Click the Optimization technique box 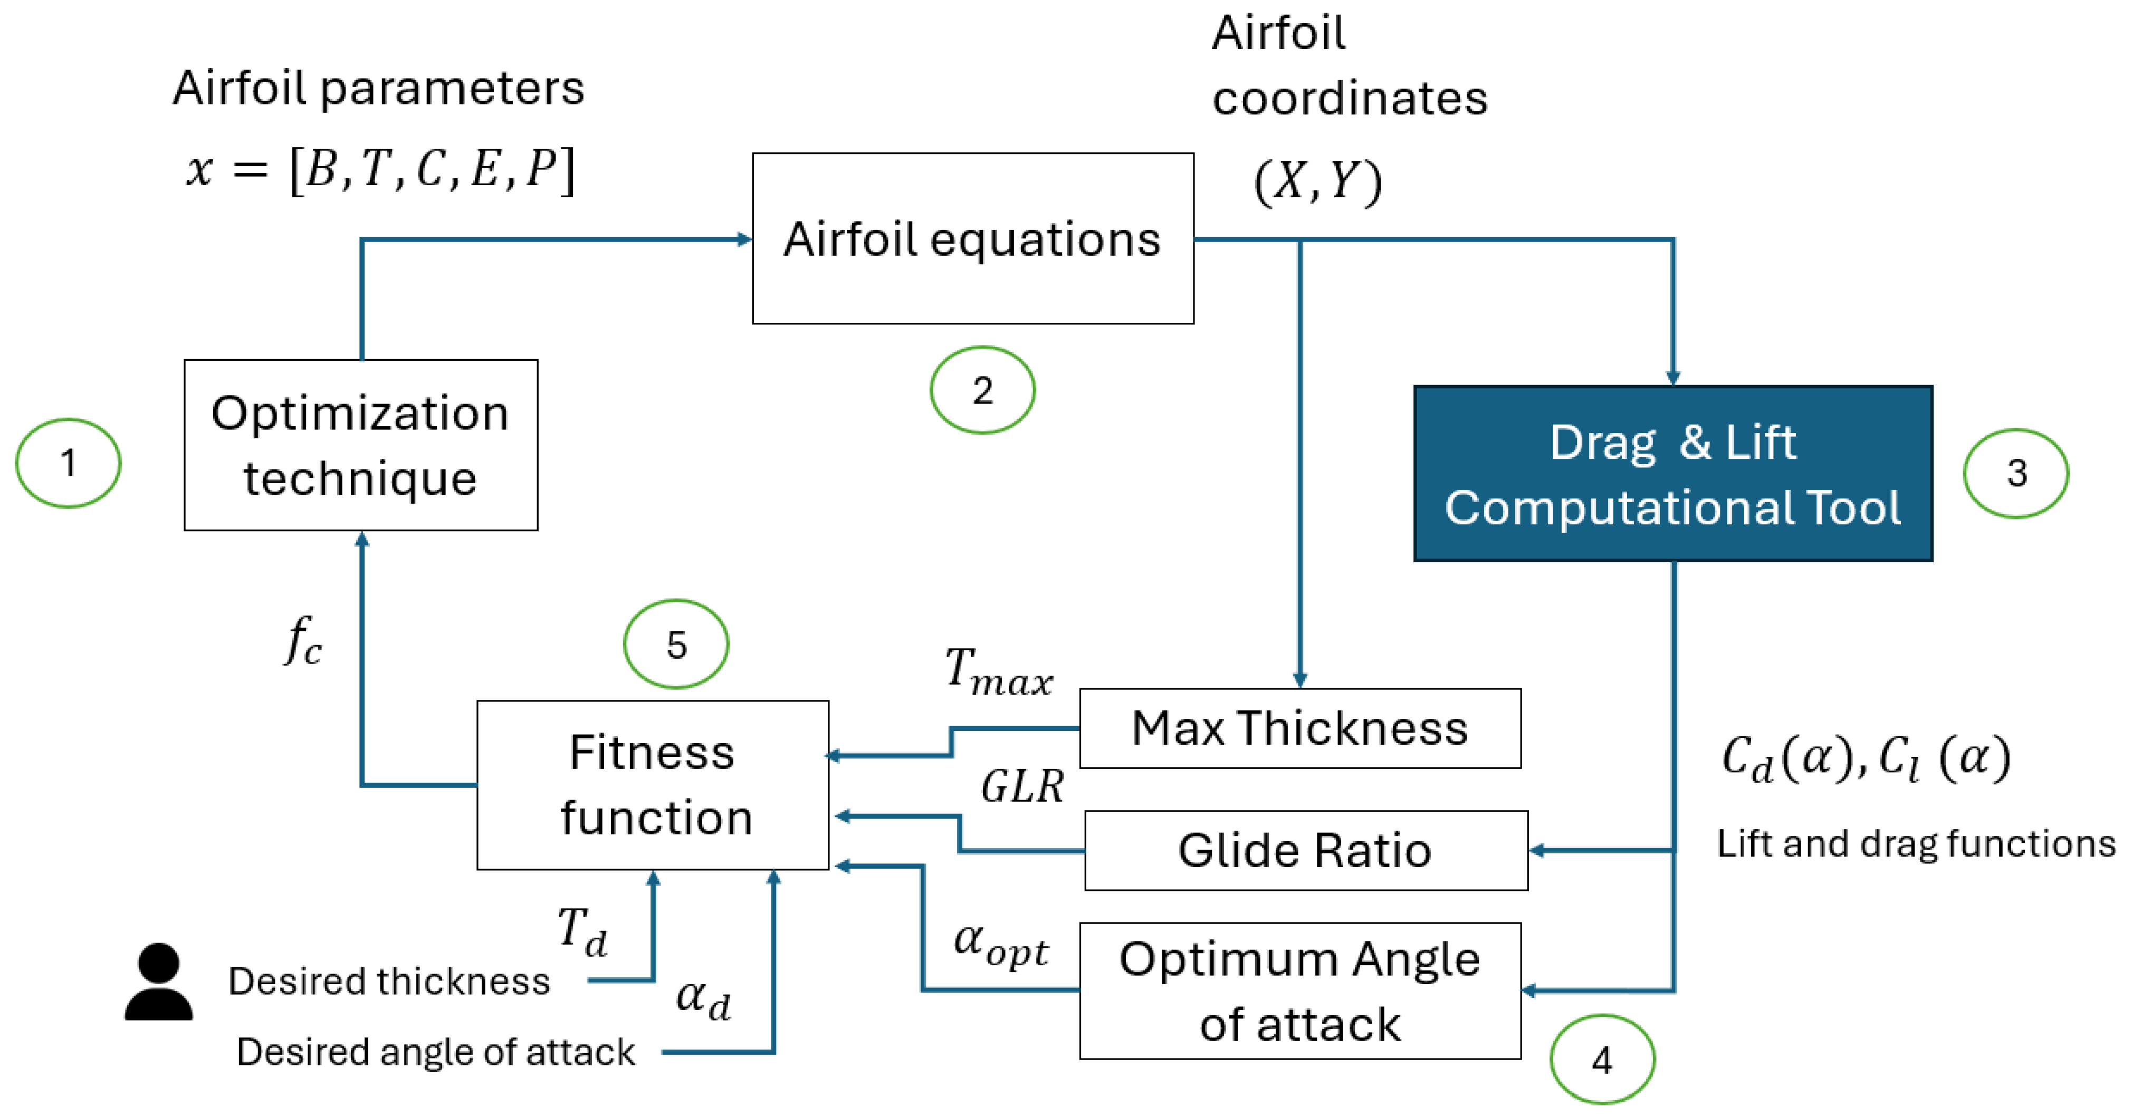point(361,445)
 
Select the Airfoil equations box point(972,238)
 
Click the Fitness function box point(653,785)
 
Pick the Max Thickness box point(1299,728)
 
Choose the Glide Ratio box point(1305,850)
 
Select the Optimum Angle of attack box point(1299,991)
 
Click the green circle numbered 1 point(69,463)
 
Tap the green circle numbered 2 point(982,390)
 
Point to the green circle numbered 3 point(2016,473)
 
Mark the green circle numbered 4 point(1602,1060)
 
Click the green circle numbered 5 point(676,643)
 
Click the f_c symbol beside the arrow point(303,641)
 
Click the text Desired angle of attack point(435,1052)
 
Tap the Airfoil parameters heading point(378,88)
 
